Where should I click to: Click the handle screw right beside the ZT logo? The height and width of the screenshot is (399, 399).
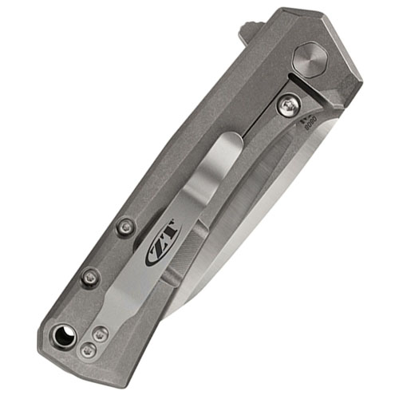point(124,227)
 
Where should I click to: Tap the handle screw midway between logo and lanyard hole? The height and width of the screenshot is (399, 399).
point(91,277)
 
